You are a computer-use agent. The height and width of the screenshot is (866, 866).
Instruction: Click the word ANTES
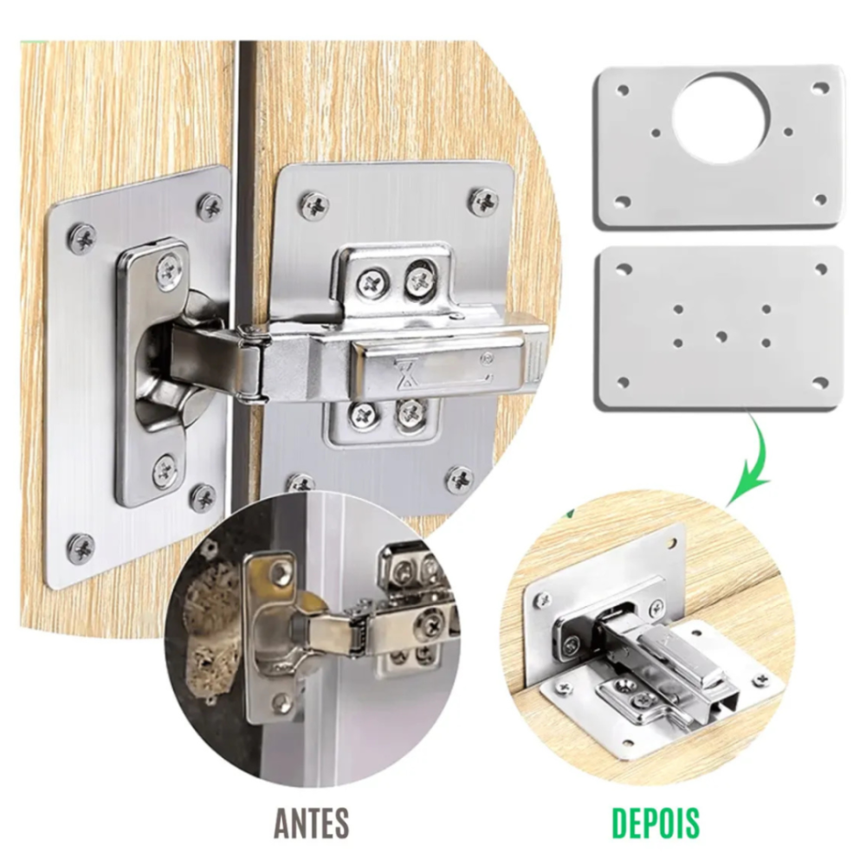tap(312, 823)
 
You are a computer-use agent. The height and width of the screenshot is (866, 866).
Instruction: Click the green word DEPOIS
tap(655, 823)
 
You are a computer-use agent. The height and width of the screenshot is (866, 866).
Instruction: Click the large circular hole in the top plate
tap(721, 117)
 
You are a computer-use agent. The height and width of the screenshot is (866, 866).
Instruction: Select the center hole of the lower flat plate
tap(721, 336)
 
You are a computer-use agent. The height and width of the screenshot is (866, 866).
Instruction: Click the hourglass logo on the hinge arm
tap(407, 372)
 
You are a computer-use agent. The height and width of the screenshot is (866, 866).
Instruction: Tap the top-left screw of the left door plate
tap(81, 238)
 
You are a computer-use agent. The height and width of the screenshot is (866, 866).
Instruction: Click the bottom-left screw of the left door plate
tap(81, 548)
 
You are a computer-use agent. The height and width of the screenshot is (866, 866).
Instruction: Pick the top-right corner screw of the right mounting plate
tap(483, 202)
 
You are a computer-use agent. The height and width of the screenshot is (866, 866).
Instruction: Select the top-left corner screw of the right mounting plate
tap(314, 205)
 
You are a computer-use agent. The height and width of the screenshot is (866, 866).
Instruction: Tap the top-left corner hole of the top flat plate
tap(623, 90)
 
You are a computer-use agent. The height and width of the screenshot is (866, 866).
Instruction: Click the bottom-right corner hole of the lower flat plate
tap(821, 382)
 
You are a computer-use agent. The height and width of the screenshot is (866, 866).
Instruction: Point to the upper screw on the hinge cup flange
tap(169, 270)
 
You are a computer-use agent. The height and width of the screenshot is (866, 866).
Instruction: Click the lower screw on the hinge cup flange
tap(165, 471)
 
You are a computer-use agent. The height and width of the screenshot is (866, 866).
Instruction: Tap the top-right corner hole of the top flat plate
tap(822, 87)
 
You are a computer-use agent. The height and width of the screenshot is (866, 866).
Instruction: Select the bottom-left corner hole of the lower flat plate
tap(623, 382)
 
